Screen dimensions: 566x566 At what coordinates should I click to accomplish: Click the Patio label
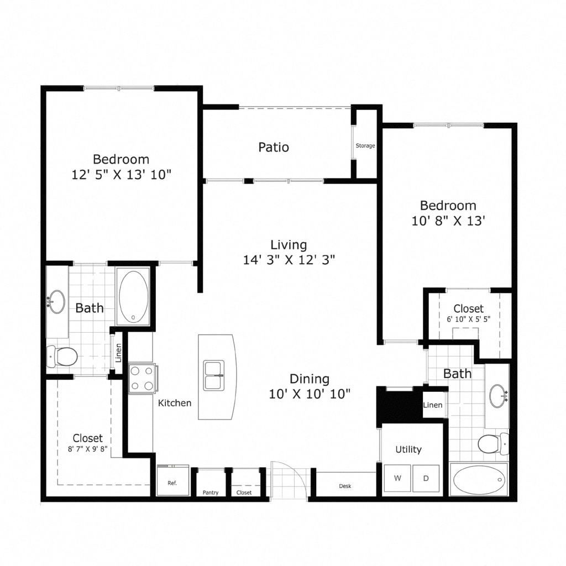[x=274, y=147]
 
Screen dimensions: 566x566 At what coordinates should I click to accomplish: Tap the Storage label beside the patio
[x=365, y=145]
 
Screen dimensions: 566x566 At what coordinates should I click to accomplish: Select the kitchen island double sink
[x=214, y=375]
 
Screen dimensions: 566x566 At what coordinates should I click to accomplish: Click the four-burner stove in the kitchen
[x=142, y=378]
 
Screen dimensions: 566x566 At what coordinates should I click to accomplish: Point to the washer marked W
[x=397, y=478]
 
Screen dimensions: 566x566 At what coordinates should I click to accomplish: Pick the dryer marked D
[x=426, y=478]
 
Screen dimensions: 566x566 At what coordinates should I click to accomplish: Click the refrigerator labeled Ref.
[x=173, y=480]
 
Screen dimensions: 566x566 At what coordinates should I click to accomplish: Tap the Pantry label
[x=211, y=492]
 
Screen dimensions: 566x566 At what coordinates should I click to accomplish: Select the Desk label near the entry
[x=345, y=486]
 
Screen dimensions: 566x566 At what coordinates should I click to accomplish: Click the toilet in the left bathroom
[x=62, y=356]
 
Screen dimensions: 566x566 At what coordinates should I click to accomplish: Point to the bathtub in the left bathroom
[x=134, y=296]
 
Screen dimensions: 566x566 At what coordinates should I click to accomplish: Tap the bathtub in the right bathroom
[x=479, y=480]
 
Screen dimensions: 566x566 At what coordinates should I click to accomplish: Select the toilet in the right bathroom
[x=493, y=444]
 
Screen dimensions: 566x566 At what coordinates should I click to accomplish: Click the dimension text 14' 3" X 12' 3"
[x=289, y=260]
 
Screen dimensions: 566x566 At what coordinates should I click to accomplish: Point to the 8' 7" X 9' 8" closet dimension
[x=88, y=449]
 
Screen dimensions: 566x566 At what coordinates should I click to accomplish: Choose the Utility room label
[x=408, y=449]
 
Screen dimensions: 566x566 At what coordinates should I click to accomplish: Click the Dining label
[x=310, y=379]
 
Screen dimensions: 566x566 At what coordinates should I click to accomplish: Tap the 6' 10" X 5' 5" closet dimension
[x=469, y=319]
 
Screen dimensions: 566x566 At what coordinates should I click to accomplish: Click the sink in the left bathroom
[x=57, y=301]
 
